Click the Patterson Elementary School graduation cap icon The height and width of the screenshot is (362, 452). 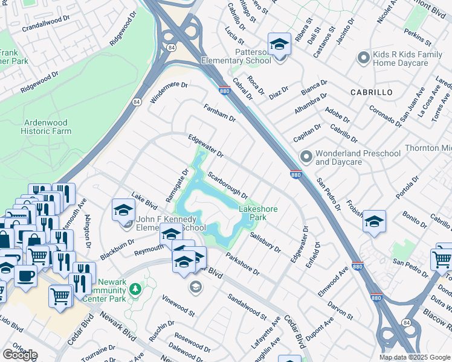tap(279, 44)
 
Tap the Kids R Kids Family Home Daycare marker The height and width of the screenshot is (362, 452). tap(363, 58)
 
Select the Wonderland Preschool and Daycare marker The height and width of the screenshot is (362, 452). tap(306, 157)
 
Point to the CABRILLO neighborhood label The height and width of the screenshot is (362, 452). tap(371, 92)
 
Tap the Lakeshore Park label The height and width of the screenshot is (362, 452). tap(258, 213)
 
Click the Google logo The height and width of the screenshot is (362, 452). tap(20, 355)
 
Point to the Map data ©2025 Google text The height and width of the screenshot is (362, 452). tap(415, 357)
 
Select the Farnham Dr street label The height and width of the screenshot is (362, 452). tap(219, 112)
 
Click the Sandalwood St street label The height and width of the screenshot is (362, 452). tap(247, 306)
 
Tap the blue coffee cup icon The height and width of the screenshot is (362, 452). tap(25, 276)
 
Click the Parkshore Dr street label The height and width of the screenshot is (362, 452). tap(243, 264)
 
